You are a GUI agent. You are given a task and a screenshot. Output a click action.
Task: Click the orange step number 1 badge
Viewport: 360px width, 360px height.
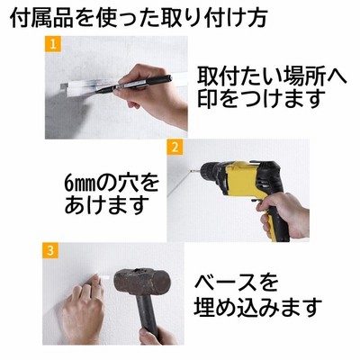[x=53, y=44]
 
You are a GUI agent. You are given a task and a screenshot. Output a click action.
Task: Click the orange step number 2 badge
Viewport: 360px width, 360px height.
[x=175, y=148]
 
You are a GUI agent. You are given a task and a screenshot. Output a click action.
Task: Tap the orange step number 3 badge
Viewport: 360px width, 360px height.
[x=50, y=250]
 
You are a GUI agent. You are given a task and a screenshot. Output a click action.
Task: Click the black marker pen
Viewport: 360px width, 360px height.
[x=134, y=84]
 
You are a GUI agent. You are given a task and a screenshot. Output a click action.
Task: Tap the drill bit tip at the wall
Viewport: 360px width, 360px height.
[x=190, y=172]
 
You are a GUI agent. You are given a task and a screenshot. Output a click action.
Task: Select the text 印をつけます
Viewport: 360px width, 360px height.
[x=261, y=98]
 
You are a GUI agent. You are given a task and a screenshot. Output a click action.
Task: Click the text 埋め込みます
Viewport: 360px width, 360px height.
[x=258, y=307]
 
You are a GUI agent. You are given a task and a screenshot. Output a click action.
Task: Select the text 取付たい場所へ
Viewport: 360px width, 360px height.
[x=272, y=76]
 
